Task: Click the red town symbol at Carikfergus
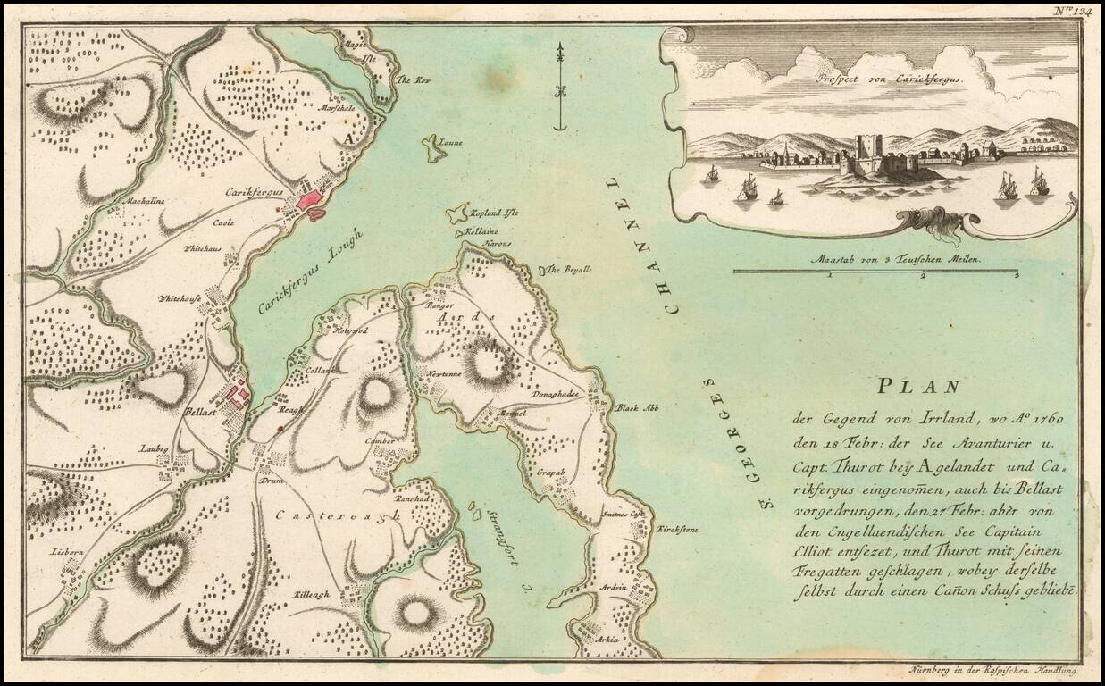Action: pos(311,200)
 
